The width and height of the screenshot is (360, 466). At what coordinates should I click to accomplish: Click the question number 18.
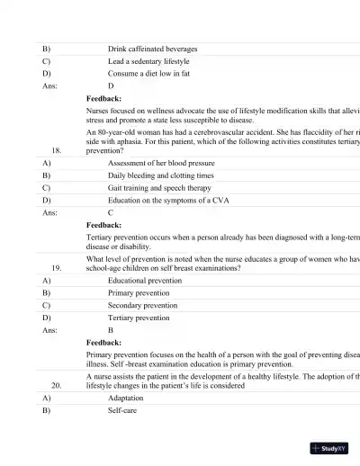(x=57, y=150)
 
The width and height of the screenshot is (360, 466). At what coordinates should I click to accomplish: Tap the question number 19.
(x=57, y=268)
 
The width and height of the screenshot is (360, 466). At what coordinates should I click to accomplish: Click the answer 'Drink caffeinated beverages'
(x=152, y=49)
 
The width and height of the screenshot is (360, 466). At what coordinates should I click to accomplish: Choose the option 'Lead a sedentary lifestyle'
(x=148, y=61)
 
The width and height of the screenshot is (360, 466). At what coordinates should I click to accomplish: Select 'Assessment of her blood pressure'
(x=160, y=163)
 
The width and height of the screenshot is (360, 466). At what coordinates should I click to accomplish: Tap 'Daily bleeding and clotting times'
(x=160, y=175)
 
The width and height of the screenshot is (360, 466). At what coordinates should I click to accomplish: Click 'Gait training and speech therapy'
(x=159, y=188)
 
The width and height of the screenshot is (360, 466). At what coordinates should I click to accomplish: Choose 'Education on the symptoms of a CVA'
(x=167, y=201)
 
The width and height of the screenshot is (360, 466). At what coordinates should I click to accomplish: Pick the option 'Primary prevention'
(x=138, y=292)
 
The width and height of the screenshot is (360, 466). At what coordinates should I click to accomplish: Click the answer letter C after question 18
(x=111, y=213)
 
